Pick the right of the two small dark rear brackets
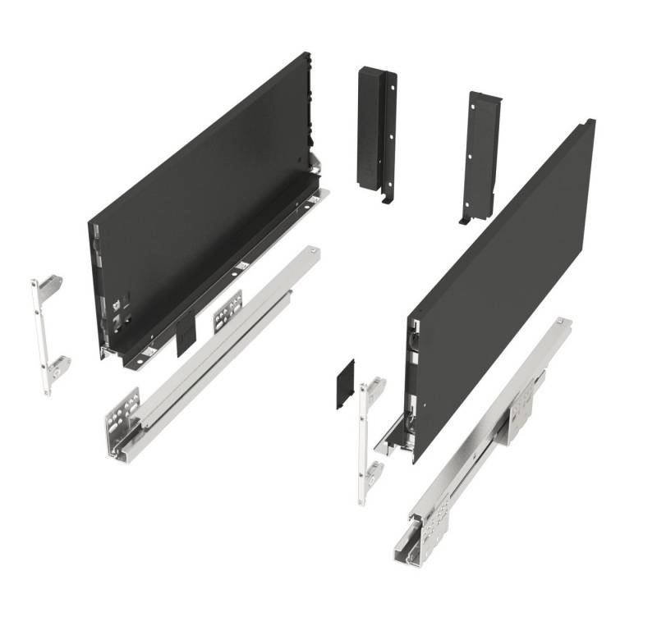click(480, 152)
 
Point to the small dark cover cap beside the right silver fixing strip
click(344, 384)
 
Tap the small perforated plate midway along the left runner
click(227, 311)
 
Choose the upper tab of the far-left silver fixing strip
click(50, 286)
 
